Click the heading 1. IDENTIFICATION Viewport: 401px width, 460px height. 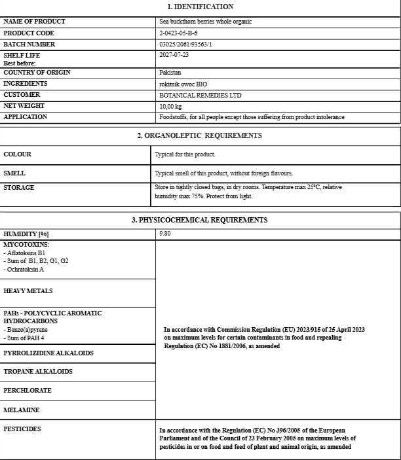click(x=200, y=7)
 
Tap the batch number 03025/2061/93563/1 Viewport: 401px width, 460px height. click(x=186, y=44)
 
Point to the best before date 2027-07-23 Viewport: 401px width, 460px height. click(x=174, y=56)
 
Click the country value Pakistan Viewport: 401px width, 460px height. click(x=170, y=73)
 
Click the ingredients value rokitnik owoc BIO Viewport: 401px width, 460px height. click(x=183, y=84)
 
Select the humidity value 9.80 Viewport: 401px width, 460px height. click(x=164, y=234)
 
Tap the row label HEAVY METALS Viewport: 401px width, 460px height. click(x=28, y=291)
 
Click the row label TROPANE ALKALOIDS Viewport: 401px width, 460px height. click(x=38, y=372)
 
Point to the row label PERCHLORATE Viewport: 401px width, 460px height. click(x=28, y=391)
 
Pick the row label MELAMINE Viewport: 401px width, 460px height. click(x=22, y=410)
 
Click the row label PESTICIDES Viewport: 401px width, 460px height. click(x=22, y=429)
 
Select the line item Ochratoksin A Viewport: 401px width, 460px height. click(x=24, y=269)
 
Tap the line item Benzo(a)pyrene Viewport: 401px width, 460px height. click(x=26, y=329)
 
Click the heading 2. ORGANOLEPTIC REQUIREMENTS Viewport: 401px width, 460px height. click(x=199, y=135)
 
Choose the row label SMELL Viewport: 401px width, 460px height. click(x=14, y=173)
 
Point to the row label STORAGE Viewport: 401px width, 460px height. click(x=19, y=188)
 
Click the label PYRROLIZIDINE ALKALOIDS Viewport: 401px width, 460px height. click(x=48, y=353)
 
